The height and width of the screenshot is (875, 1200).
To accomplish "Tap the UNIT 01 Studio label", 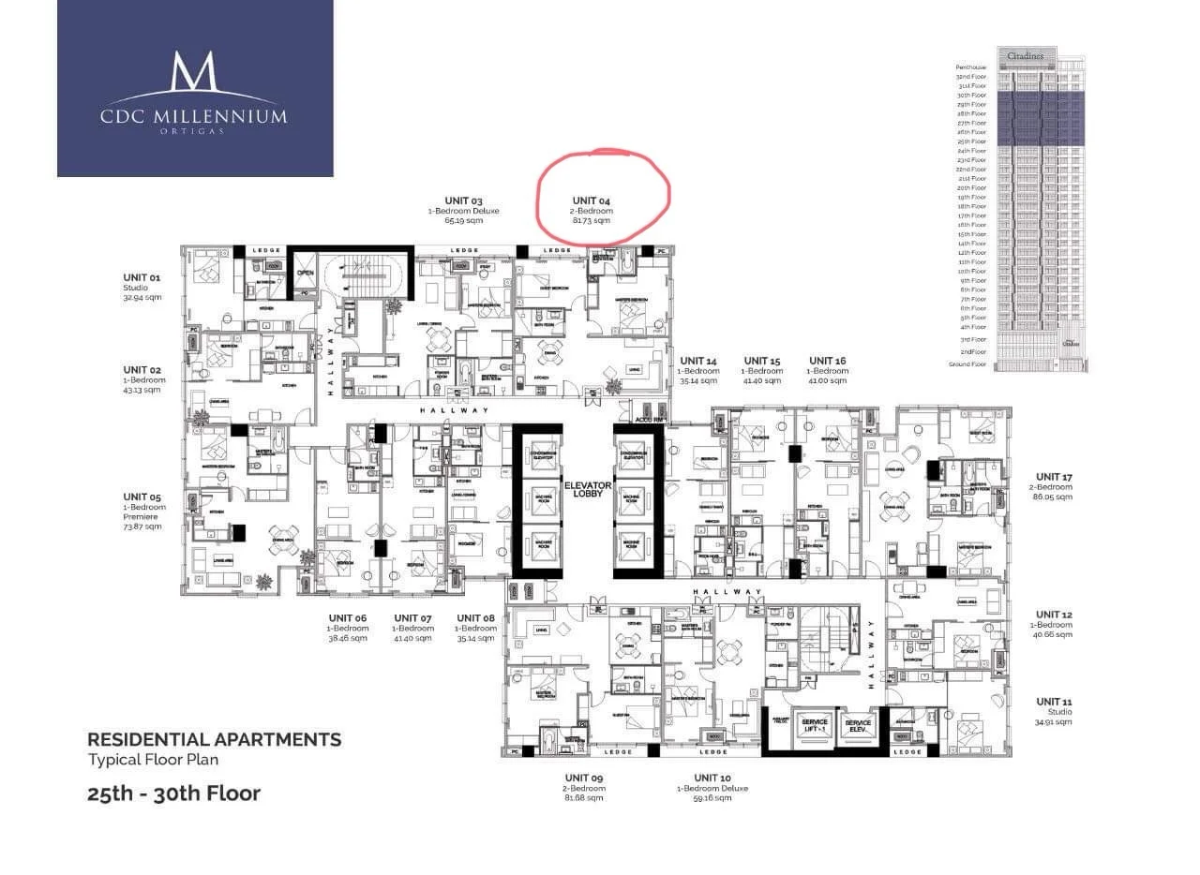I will click(142, 287).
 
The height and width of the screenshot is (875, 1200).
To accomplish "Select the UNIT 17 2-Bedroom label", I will click(1054, 486).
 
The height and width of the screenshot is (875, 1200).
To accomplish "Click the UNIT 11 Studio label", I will click(1054, 711).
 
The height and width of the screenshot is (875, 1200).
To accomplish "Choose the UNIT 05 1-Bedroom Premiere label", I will click(142, 511).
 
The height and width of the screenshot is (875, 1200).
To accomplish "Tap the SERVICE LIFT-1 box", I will click(809, 726).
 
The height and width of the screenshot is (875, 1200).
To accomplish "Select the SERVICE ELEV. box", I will click(857, 726).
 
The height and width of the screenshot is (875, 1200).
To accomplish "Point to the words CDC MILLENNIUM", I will click(194, 117).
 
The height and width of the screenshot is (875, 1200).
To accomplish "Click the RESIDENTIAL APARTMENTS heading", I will click(214, 740).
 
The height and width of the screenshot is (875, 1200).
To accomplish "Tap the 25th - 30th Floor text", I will click(173, 793).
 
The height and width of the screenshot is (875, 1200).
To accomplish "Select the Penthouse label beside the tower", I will click(971, 67).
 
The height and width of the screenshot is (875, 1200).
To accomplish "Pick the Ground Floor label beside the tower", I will click(967, 363).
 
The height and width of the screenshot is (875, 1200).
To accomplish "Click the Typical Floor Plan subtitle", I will click(153, 760).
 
